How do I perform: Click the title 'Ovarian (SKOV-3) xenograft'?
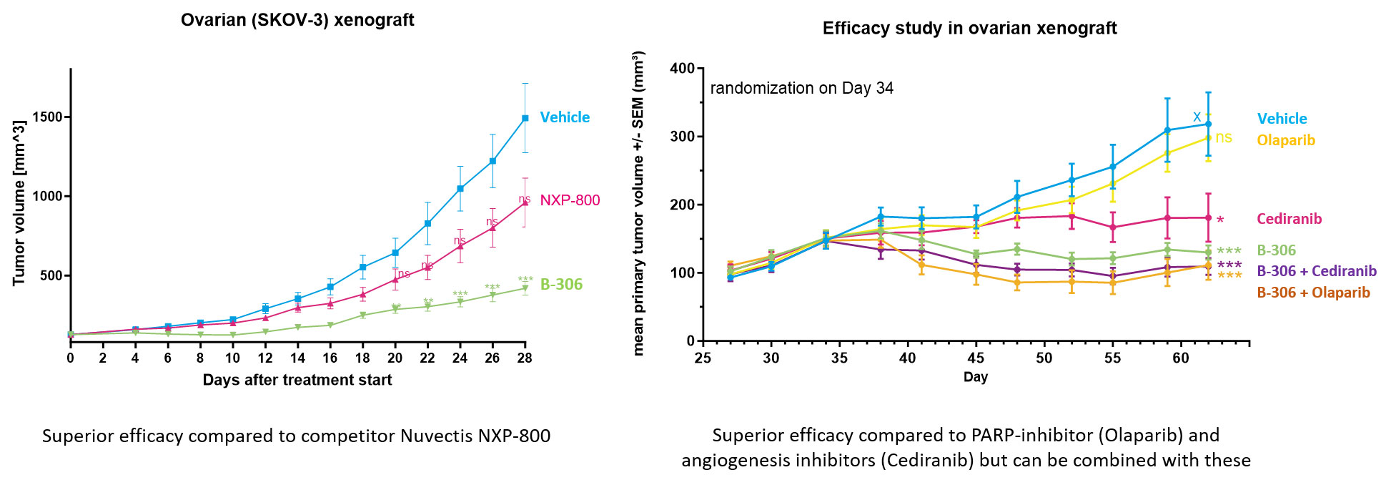pos(297,20)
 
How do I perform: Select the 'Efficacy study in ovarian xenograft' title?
pos(969,29)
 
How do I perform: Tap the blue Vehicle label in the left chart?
pos(565,117)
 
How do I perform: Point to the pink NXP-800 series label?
pos(570,200)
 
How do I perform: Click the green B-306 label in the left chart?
pos(561,285)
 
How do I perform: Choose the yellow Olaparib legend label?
pos(1286,140)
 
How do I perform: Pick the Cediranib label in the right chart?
pos(1289,219)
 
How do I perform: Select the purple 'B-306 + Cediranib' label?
pos(1317,271)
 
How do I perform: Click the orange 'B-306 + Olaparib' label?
pos(1313,293)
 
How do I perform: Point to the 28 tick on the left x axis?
pos(525,358)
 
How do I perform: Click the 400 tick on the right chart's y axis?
pos(681,69)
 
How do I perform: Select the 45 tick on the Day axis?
pos(976,358)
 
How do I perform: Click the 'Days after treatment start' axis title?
pos(297,380)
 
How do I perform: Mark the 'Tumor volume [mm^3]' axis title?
pos(19,203)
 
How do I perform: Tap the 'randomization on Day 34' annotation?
pos(801,89)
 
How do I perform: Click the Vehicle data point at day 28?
pos(525,118)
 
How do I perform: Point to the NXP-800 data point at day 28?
pos(525,202)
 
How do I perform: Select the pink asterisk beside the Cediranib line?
pos(1220,220)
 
